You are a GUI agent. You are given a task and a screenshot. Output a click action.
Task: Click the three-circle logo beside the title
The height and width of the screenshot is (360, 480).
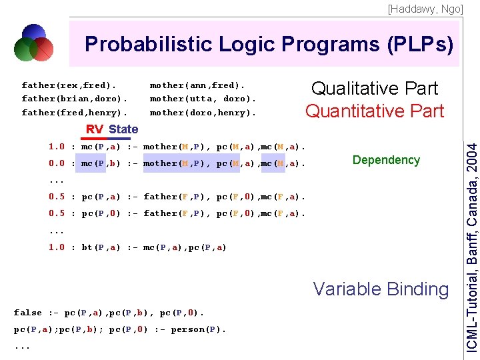click(x=33, y=43)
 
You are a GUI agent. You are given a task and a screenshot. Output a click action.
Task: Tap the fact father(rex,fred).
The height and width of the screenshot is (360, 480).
click(x=69, y=85)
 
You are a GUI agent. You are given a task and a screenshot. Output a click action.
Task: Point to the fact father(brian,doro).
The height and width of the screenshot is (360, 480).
click(x=74, y=99)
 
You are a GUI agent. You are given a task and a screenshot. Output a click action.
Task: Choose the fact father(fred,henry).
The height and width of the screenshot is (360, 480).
click(x=74, y=113)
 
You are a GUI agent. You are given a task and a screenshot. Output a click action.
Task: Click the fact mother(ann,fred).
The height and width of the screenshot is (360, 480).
click(x=197, y=85)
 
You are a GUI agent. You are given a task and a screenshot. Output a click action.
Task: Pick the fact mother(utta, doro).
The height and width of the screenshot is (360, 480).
click(x=203, y=99)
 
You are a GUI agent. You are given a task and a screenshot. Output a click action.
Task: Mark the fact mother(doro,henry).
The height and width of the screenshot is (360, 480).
click(x=203, y=113)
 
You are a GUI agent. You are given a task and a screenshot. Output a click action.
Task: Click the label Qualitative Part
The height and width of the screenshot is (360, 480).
click(x=375, y=89)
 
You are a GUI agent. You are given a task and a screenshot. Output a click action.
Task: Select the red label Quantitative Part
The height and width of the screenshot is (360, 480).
click(x=375, y=111)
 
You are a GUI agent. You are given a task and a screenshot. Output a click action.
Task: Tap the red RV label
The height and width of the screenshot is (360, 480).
click(x=95, y=129)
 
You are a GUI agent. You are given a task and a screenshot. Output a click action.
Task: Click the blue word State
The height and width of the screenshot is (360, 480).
click(x=123, y=129)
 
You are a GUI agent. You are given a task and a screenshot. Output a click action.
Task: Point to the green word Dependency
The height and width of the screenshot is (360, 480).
click(x=386, y=160)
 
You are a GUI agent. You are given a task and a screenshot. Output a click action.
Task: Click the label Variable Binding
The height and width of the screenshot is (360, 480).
click(x=381, y=289)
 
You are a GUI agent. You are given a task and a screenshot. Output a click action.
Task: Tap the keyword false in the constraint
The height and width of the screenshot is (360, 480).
click(x=27, y=313)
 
